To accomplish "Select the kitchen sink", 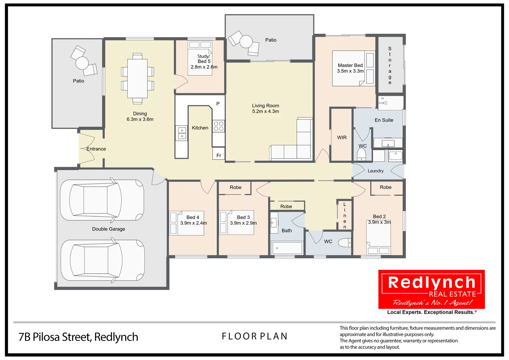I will (x=182, y=133).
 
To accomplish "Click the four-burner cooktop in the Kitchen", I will (x=219, y=126).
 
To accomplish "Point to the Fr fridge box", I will (x=219, y=155).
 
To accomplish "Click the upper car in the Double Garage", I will (x=102, y=200).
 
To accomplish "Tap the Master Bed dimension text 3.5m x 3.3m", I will (x=350, y=71).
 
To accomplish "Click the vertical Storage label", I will (x=390, y=65).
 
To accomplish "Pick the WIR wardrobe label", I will (x=342, y=137).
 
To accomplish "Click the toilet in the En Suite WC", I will (x=361, y=155).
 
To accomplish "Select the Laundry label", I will (x=375, y=171).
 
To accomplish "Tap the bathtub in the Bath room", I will (x=287, y=248).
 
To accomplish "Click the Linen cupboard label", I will (x=344, y=215).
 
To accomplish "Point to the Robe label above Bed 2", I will (x=385, y=187).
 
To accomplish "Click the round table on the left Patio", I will (x=82, y=63).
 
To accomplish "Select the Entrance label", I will (x=96, y=149).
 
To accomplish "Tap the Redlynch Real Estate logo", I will (x=431, y=289).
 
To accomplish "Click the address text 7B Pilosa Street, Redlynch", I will (x=78, y=337).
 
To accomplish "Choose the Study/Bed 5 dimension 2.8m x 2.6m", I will (x=204, y=67).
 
